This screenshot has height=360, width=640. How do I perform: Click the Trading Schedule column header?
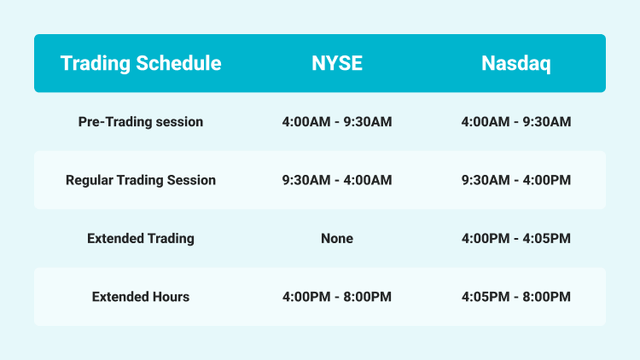pyautogui.click(x=141, y=63)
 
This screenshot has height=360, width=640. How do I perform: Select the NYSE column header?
pyautogui.click(x=336, y=63)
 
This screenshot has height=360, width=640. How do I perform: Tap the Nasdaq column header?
pyautogui.click(x=515, y=63)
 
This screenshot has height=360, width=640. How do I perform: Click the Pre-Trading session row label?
pyautogui.click(x=141, y=122)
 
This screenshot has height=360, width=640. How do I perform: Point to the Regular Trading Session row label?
pyautogui.click(x=141, y=180)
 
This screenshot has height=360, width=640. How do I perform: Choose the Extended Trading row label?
pyautogui.click(x=141, y=239)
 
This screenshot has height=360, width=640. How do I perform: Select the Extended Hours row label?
pyautogui.click(x=141, y=297)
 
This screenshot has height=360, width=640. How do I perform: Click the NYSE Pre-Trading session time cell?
pyautogui.click(x=336, y=122)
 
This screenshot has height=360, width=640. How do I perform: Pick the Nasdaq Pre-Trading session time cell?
pyautogui.click(x=515, y=122)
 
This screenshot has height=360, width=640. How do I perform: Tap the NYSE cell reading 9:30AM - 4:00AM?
pyautogui.click(x=336, y=180)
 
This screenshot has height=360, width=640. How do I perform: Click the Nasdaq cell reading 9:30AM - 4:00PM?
pyautogui.click(x=515, y=180)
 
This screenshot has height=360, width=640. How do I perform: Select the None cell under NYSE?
pyautogui.click(x=336, y=239)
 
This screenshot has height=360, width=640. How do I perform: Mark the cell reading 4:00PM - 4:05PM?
pyautogui.click(x=515, y=239)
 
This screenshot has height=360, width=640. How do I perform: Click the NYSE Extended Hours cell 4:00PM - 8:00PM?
pyautogui.click(x=336, y=297)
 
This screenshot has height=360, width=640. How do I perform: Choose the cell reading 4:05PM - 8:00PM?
pyautogui.click(x=515, y=297)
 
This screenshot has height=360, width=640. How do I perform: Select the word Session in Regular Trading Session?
pyautogui.click(x=192, y=180)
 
